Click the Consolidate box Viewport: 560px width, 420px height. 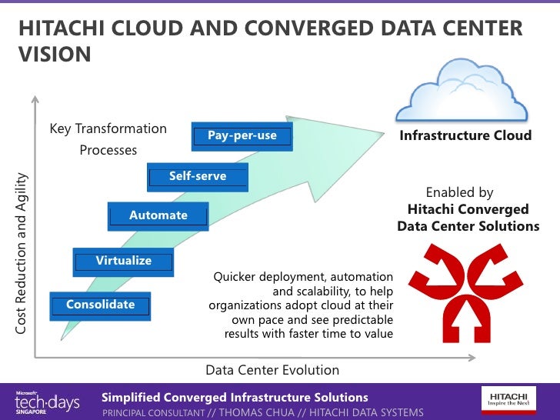point(100,305)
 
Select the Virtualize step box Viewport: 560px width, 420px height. point(123,262)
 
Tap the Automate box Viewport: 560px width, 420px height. point(158,216)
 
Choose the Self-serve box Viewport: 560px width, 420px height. point(198,177)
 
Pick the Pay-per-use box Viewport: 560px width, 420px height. point(242,136)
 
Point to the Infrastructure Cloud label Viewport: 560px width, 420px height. point(465,135)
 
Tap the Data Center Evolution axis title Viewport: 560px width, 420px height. point(272,370)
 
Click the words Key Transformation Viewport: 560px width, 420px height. point(108,128)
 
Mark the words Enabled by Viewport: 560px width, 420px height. point(459,192)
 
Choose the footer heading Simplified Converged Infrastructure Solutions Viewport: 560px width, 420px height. point(235,397)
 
